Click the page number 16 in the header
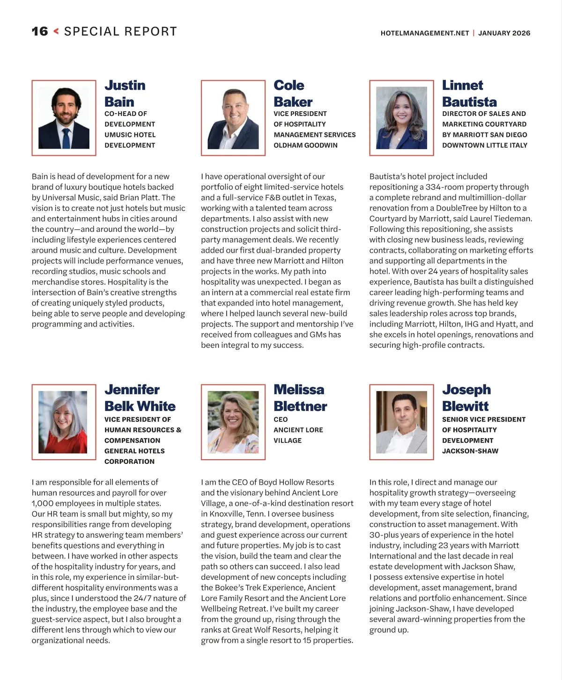40,32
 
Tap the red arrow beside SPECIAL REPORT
56,31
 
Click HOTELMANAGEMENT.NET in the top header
425,33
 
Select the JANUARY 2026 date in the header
504,33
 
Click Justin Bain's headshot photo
64,118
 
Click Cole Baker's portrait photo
233,118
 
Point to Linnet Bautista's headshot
402,118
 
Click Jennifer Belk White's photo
63,422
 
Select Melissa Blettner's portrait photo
233,422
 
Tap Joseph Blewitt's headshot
402,422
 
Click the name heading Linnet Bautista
469,94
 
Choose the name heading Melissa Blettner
300,398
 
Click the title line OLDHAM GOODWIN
305,145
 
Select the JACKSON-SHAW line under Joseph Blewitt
470,451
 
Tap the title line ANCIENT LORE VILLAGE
298,435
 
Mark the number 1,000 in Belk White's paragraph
42,504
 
